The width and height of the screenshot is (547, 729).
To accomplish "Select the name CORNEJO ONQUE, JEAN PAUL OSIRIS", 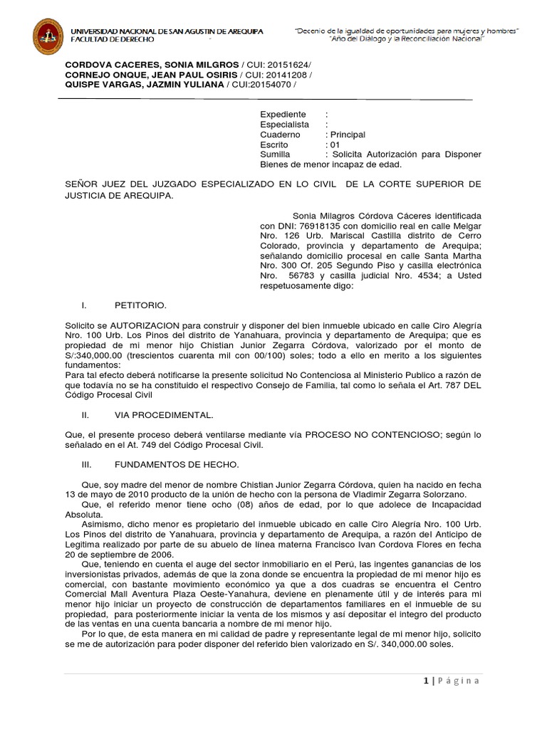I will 147,75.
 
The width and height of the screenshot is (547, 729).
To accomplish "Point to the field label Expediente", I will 283,114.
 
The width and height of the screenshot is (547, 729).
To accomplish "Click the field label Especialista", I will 285,124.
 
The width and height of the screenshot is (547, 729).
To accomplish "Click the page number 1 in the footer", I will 425,681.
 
